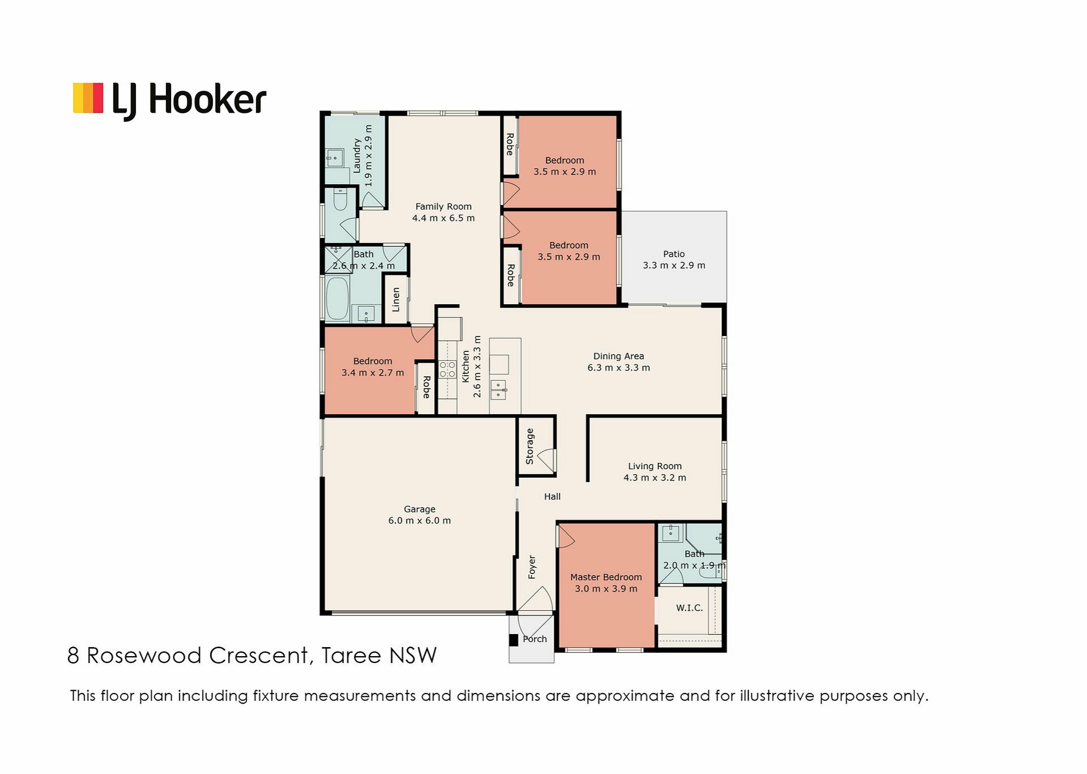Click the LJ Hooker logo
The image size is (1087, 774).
(x=169, y=100)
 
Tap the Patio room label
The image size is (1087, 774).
(x=674, y=254)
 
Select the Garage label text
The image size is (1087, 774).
(x=420, y=509)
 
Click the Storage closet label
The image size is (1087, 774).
(x=530, y=446)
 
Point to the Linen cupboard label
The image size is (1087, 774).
(x=396, y=300)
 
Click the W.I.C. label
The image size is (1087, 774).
(x=690, y=607)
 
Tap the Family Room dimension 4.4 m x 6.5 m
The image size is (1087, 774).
(x=443, y=218)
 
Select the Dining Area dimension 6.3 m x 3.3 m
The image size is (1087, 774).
(x=618, y=368)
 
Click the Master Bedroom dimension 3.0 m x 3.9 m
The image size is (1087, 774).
(x=606, y=589)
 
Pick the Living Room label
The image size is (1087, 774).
(x=654, y=466)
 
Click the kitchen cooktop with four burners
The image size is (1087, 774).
(x=447, y=369)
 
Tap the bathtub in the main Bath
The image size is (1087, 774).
(x=337, y=298)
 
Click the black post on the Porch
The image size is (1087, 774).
(x=513, y=640)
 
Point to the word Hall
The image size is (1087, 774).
(x=552, y=496)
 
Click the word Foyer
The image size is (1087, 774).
(x=532, y=567)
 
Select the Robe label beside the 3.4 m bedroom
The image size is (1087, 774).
(x=426, y=387)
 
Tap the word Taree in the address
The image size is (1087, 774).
(x=351, y=656)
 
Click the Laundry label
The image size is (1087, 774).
(x=357, y=156)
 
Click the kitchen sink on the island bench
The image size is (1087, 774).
(x=498, y=390)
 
